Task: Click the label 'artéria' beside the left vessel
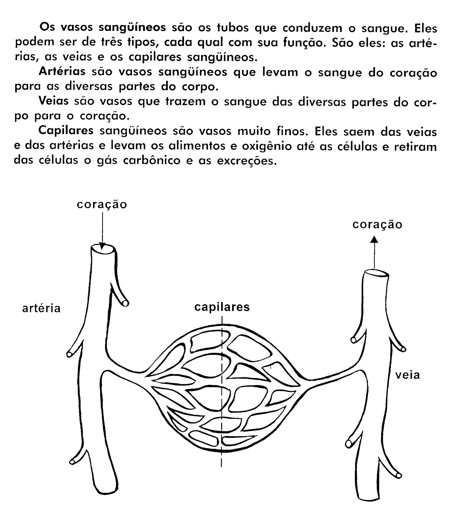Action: [41, 308]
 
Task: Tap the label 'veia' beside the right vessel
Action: [408, 375]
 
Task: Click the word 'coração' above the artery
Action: [102, 205]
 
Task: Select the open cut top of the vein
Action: [375, 274]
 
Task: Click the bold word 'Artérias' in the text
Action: [62, 71]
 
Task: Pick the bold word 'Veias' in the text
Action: [53, 101]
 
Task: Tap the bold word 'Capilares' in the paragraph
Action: [66, 131]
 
